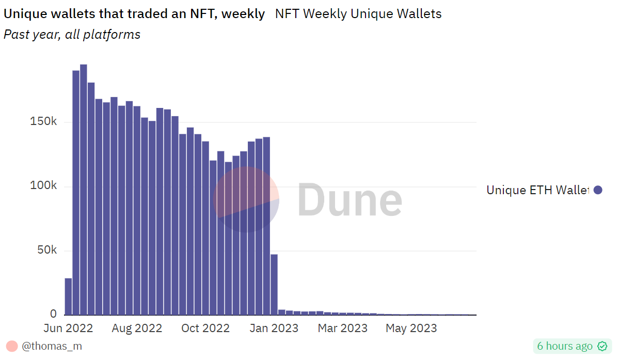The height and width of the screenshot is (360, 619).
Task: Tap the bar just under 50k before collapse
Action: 274,284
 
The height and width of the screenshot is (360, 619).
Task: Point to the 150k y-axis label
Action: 43,122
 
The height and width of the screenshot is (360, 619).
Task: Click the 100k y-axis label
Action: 43,186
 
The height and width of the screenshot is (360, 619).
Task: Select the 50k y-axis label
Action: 46,250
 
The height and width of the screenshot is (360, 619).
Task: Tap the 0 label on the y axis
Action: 53,314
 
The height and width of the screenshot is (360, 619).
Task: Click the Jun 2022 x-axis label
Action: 68,328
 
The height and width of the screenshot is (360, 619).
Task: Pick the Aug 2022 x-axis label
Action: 137,328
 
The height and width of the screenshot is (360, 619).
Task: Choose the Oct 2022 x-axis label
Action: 205,328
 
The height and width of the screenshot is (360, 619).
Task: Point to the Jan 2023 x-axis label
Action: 274,328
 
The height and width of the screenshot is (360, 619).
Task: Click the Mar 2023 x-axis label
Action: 342,328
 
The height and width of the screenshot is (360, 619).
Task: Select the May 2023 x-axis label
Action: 411,328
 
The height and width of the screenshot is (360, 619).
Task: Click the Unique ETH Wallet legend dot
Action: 598,190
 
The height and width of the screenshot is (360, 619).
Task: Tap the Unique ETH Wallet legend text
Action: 537,190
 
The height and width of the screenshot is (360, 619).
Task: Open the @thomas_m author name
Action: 52,346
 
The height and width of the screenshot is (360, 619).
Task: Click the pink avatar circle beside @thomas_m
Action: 12,346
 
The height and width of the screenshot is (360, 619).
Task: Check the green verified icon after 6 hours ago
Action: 602,346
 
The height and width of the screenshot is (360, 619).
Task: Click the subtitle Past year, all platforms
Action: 72,35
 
